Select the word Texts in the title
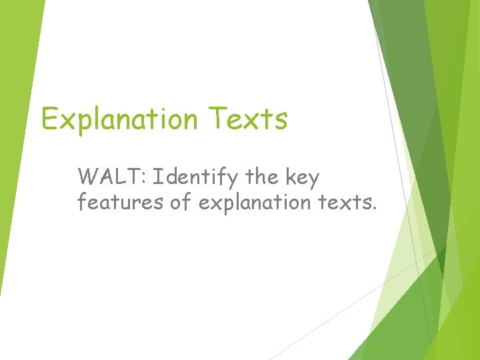[248, 119]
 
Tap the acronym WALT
[110, 178]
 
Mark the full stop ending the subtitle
[375, 208]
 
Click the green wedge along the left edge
[17, 133]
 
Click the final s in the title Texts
[281, 121]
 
